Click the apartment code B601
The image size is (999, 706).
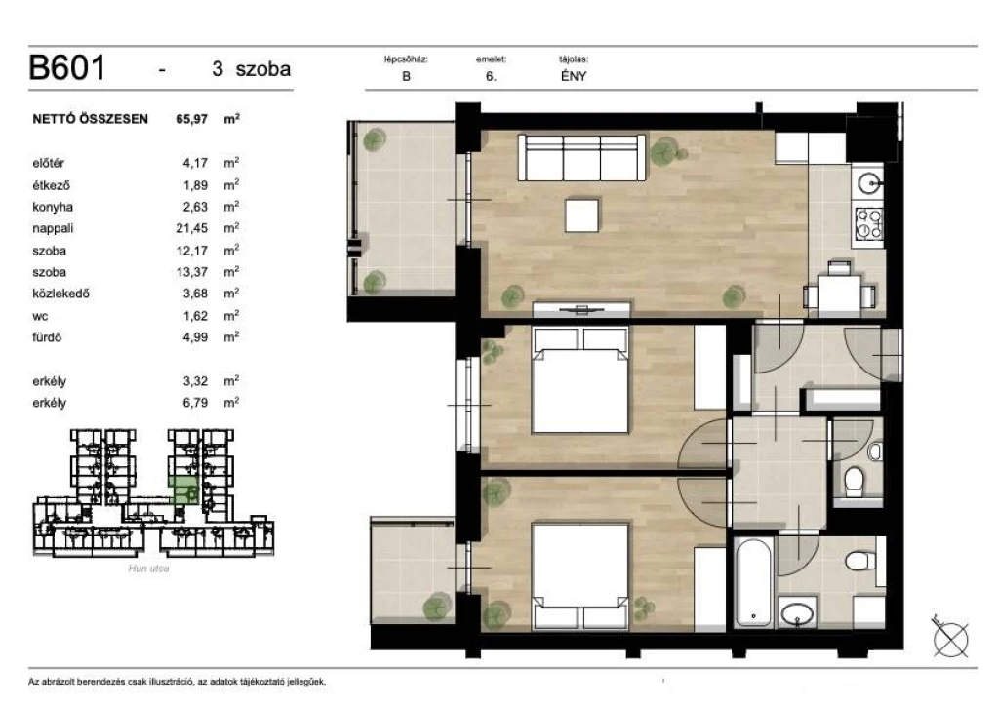[67, 67]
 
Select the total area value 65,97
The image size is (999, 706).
[192, 119]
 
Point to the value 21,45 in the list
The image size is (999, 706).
[192, 228]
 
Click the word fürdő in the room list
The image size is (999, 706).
[47, 336]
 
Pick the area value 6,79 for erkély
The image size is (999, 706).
[195, 403]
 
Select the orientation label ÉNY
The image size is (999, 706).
[574, 76]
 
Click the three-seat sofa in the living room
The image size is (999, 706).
[582, 157]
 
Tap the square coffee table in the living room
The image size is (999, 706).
[582, 216]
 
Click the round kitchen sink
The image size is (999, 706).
[869, 183]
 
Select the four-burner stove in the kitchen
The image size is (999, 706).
[869, 223]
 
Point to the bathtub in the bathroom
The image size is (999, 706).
[753, 582]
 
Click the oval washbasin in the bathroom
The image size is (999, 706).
[797, 614]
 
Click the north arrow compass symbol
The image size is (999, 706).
[950, 637]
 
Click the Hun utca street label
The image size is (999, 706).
[148, 569]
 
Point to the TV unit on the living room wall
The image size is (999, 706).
[581, 311]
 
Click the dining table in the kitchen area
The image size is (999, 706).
[838, 293]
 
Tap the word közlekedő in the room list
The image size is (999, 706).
[61, 294]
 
